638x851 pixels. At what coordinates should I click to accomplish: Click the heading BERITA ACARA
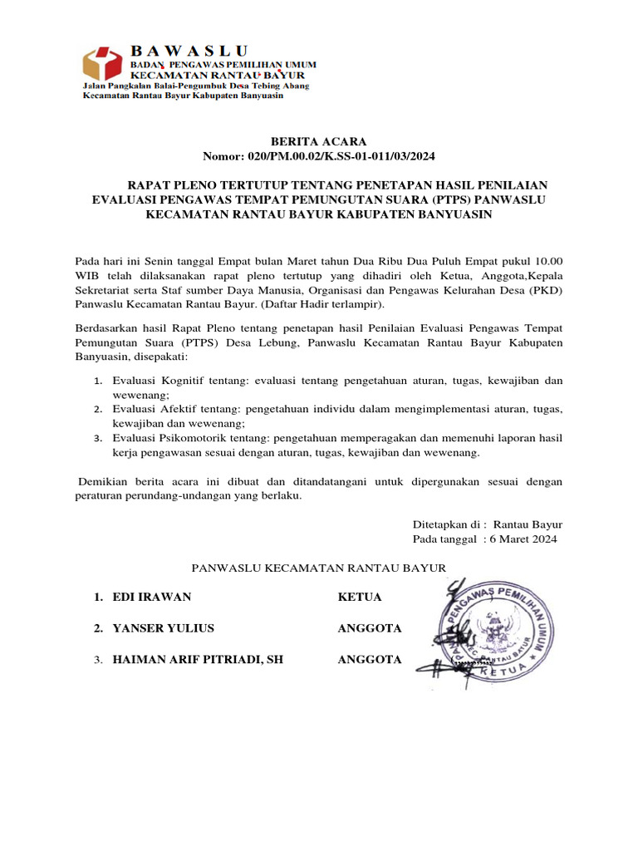(x=319, y=141)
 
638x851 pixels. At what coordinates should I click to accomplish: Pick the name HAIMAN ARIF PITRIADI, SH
(x=198, y=660)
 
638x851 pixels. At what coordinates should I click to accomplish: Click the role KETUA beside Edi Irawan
(x=360, y=597)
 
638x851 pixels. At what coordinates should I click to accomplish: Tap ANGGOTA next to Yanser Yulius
(x=370, y=628)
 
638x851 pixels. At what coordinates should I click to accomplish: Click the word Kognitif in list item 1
(x=188, y=381)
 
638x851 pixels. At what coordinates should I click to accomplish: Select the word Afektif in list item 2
(x=184, y=409)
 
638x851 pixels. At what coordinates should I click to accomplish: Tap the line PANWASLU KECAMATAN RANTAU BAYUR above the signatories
(x=319, y=568)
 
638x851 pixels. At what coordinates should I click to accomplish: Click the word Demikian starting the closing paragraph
(x=105, y=482)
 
